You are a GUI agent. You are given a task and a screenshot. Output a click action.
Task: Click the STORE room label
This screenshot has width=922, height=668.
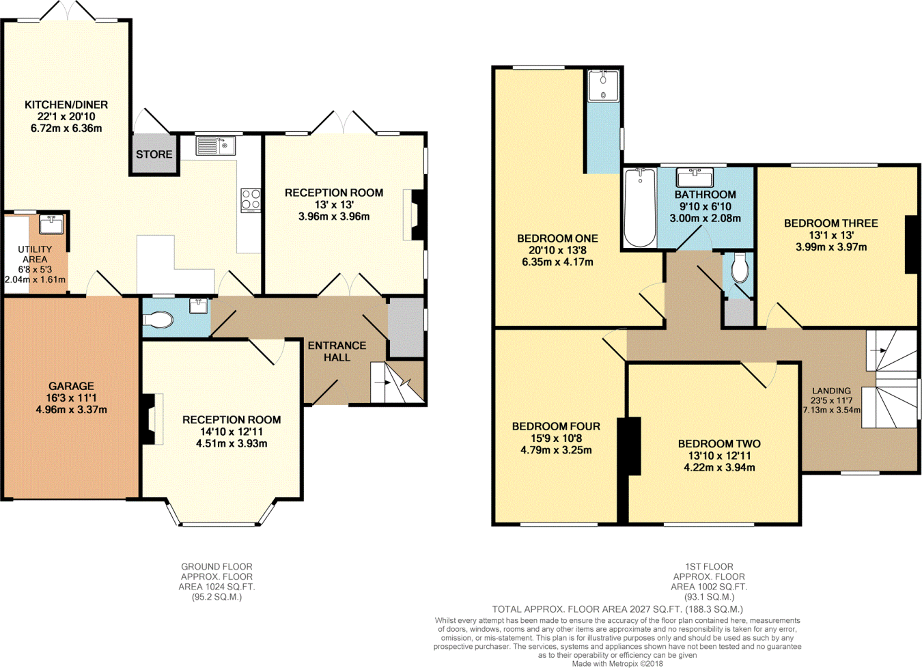point(154,154)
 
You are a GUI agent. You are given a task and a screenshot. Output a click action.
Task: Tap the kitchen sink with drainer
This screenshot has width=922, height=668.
point(216,145)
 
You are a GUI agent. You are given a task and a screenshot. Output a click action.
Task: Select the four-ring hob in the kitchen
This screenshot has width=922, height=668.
point(251,200)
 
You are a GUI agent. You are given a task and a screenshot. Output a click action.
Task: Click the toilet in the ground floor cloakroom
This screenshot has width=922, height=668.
point(158,320)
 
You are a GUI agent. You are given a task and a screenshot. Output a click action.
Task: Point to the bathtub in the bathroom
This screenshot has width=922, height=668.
point(640,208)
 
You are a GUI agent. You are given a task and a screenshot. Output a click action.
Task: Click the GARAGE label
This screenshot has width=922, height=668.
point(71,386)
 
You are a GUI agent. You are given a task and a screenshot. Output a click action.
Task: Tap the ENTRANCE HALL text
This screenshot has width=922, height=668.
point(337,352)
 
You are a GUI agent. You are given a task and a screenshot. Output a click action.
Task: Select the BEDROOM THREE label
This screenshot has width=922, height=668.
point(831,223)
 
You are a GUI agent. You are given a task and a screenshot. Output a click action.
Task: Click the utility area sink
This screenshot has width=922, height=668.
point(51,224)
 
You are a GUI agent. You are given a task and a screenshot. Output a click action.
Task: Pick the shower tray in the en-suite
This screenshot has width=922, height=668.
point(604,85)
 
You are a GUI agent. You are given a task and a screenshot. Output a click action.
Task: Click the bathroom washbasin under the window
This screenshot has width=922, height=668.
point(695,178)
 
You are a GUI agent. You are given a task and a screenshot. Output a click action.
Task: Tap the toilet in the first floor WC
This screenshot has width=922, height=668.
point(740,268)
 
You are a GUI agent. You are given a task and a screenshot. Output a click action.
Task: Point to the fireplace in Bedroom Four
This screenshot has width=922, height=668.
point(629,446)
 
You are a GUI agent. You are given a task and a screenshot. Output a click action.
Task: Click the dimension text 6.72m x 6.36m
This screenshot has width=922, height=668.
point(66,128)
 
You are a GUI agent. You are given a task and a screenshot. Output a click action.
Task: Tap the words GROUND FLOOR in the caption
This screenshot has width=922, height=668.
point(217,567)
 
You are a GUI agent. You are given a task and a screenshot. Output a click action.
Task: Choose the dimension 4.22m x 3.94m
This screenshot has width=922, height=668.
point(719,468)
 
